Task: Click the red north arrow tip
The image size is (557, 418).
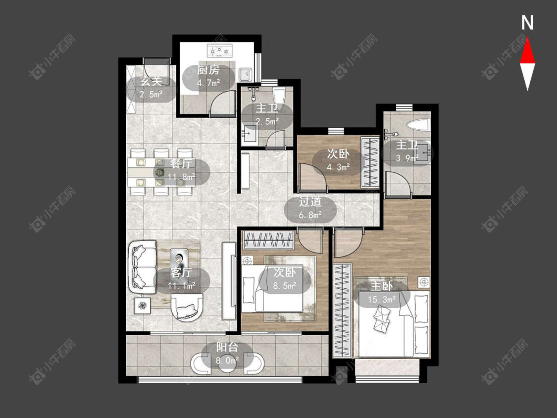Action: click(x=527, y=39)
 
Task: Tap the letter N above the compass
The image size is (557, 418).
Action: click(x=527, y=23)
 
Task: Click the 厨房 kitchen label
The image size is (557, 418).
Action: click(x=208, y=70)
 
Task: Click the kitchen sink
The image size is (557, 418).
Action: click(x=245, y=75)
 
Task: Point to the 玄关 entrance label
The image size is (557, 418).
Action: click(x=151, y=81)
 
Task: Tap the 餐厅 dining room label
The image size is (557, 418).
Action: click(x=181, y=164)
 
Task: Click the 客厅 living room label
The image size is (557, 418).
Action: click(x=181, y=272)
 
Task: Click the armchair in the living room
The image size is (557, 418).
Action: click(x=187, y=308)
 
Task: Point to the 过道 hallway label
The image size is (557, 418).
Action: click(x=310, y=202)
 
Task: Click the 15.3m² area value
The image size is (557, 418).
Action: click(x=382, y=300)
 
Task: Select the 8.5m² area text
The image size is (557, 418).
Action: click(x=285, y=286)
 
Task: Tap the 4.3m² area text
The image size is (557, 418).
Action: click(x=338, y=167)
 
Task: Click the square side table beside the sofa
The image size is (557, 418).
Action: click(x=142, y=306)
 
